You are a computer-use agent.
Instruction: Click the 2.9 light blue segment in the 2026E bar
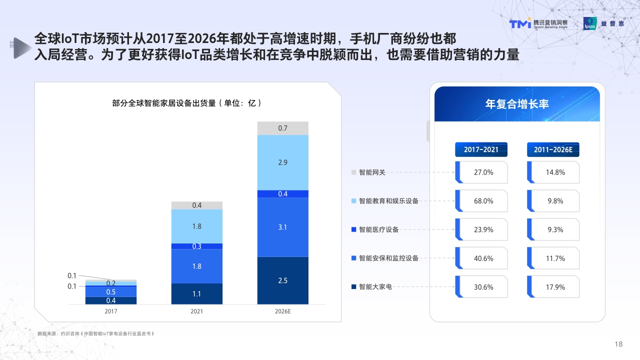click(x=283, y=162)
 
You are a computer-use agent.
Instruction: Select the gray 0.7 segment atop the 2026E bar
click(x=283, y=128)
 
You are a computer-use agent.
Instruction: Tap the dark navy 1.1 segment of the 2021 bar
click(x=197, y=294)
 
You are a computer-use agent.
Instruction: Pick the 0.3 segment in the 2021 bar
click(x=197, y=246)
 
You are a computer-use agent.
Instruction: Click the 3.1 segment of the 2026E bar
click(x=283, y=227)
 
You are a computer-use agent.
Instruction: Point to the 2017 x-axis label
click(x=111, y=311)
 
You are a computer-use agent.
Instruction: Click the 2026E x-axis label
click(x=283, y=311)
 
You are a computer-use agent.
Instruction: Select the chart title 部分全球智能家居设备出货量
click(x=187, y=103)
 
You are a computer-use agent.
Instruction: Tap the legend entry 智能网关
click(x=372, y=172)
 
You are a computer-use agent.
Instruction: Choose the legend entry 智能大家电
click(x=375, y=287)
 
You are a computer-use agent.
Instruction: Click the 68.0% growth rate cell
click(x=483, y=201)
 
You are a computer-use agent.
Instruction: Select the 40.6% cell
click(x=483, y=258)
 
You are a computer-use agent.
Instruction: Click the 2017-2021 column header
click(x=481, y=149)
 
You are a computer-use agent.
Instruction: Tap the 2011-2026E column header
click(x=553, y=149)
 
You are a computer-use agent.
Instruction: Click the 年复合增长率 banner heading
click(x=517, y=104)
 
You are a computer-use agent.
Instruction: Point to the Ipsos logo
click(x=590, y=24)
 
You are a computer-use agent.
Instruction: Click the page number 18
click(x=618, y=344)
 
